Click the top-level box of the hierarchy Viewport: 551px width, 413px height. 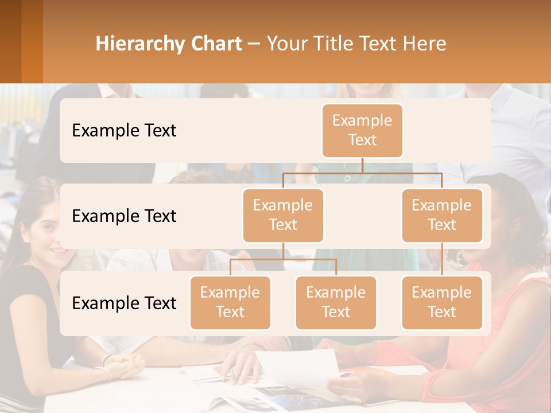click(362, 130)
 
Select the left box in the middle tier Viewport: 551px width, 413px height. click(283, 215)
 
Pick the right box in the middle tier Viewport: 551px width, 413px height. click(442, 215)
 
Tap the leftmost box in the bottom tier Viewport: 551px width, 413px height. click(230, 302)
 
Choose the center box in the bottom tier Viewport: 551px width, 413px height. click(336, 302)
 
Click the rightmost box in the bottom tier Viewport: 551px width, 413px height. click(442, 302)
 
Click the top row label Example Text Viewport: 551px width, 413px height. click(124, 130)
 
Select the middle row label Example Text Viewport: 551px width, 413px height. click(124, 216)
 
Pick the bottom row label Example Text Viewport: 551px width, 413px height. click(124, 303)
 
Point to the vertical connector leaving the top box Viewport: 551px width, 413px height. click(362, 165)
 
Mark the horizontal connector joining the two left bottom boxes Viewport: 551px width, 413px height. click(283, 259)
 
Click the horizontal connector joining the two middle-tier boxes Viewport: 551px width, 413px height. click(362, 172)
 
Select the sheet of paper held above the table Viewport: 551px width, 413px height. click(298, 367)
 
